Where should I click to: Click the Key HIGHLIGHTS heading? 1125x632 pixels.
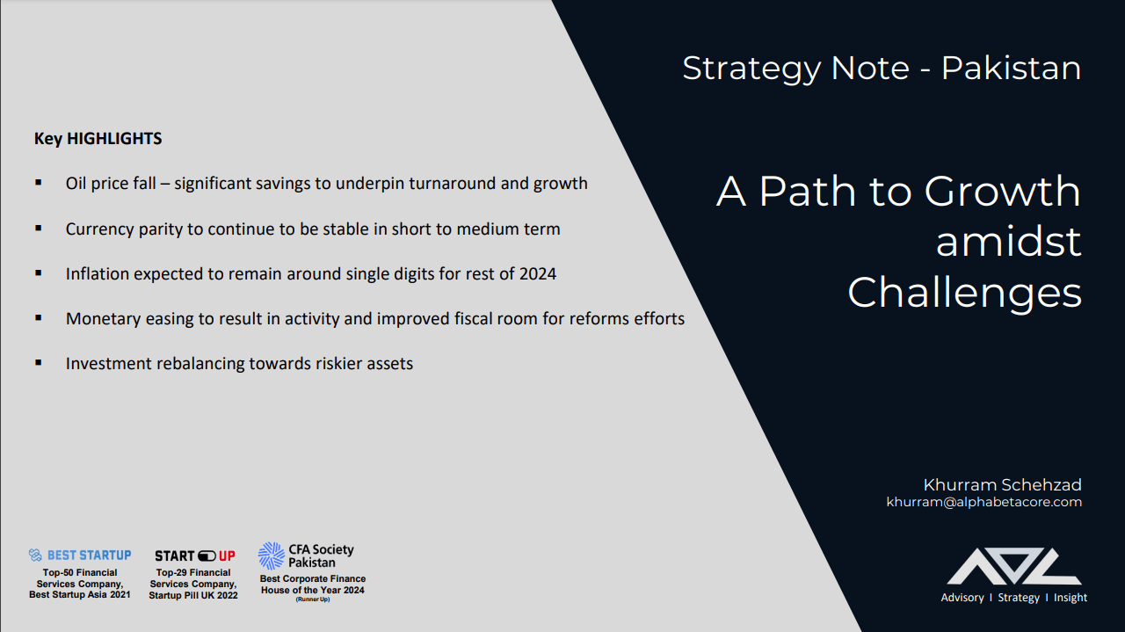click(x=98, y=139)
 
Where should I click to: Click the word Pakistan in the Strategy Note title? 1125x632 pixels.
click(x=1011, y=69)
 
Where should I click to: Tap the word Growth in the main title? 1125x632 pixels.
click(x=1003, y=191)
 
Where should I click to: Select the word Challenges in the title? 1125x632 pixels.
click(x=964, y=293)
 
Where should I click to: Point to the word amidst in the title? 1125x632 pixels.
click(x=1008, y=242)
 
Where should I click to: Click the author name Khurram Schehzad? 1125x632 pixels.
click(x=1003, y=485)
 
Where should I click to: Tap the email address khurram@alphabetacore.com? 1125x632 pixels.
click(x=983, y=502)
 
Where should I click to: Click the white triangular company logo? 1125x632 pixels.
click(x=1014, y=566)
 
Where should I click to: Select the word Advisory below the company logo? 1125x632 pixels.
click(x=962, y=598)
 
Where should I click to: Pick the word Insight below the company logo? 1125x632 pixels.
click(x=1071, y=598)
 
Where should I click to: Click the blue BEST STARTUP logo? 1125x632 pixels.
click(x=80, y=556)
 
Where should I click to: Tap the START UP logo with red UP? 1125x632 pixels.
click(x=195, y=556)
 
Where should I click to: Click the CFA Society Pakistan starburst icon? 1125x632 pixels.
click(x=272, y=556)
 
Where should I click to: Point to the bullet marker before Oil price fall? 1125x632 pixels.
click(x=38, y=182)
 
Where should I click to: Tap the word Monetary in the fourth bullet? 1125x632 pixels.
click(x=103, y=319)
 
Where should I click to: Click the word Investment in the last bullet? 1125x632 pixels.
click(x=108, y=364)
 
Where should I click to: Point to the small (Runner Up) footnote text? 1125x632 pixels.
click(x=312, y=599)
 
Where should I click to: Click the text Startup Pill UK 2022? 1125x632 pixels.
click(x=193, y=595)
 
